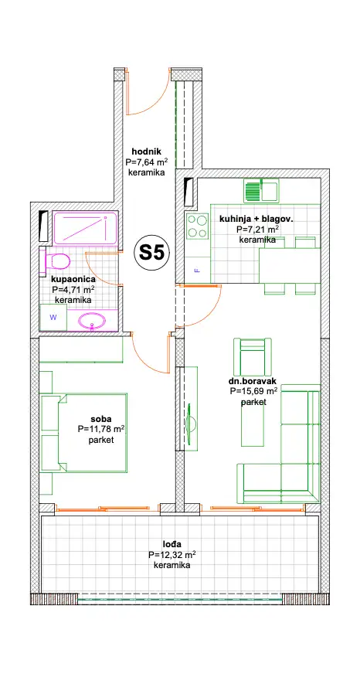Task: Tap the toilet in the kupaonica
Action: click(58, 261)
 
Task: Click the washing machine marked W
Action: click(53, 318)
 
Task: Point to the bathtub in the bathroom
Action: click(85, 228)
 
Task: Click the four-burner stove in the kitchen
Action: click(198, 226)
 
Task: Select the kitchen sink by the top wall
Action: click(261, 190)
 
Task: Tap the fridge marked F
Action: click(198, 270)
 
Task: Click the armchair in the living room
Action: click(252, 356)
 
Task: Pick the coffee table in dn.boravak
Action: click(252, 423)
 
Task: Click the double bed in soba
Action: click(84, 432)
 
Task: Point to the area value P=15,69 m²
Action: click(254, 392)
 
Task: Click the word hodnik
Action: click(147, 151)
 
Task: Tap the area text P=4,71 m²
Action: click(73, 290)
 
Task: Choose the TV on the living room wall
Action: click(190, 424)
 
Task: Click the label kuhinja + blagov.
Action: click(256, 220)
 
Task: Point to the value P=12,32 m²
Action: click(172, 555)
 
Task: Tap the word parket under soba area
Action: click(101, 440)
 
